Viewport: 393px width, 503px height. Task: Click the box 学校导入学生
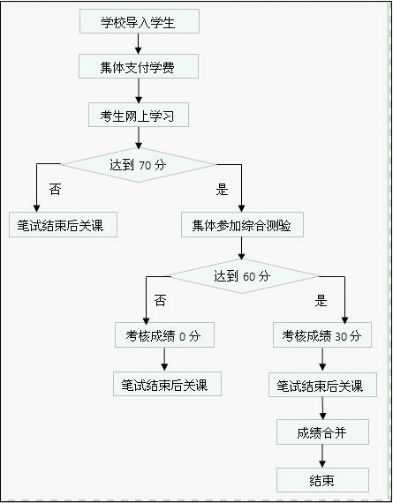140,21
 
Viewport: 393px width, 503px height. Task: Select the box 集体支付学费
139,66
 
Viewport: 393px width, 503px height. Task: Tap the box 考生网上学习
139,115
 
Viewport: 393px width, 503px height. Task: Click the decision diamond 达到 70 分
139,165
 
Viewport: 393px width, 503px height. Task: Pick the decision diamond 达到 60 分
242,276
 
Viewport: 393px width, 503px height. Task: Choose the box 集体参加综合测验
242,224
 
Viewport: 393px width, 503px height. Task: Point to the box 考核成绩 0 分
164,335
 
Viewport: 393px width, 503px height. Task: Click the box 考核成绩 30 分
322,335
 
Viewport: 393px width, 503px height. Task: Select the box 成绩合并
322,432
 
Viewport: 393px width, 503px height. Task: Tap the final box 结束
322,480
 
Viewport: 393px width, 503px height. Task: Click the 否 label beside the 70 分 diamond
55,189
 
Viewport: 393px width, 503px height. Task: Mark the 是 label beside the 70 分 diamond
222,189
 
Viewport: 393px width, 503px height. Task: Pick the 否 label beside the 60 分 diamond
160,301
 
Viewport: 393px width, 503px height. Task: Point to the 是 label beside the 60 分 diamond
321,301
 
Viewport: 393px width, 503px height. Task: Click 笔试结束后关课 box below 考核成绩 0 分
167,384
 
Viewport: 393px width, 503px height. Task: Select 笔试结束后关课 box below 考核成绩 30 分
322,385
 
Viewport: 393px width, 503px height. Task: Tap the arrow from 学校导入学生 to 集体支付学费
138,43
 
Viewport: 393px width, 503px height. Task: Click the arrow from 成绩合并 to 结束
322,456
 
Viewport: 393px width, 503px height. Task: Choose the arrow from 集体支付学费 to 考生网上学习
139,91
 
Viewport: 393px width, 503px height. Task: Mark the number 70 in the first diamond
145,166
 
